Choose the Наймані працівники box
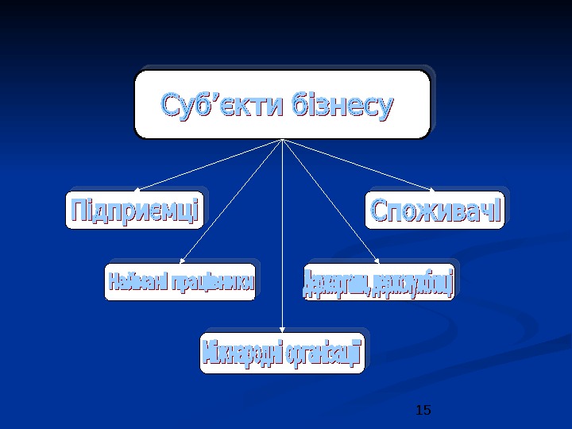coord(180,282)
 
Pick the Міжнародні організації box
coord(282,353)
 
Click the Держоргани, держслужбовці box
coord(380,283)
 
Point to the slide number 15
coord(423,410)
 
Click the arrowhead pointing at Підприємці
coord(137,189)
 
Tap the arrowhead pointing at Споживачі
coord(431,189)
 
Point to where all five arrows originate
coord(283,140)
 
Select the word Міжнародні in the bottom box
coord(239,353)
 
